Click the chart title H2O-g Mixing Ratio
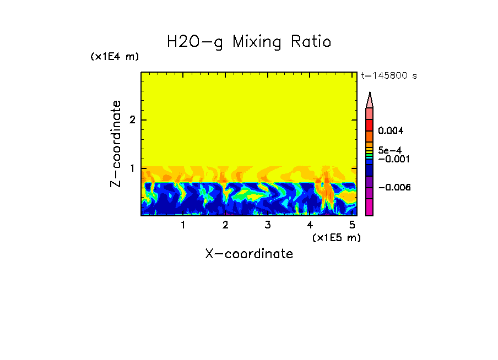point(249,42)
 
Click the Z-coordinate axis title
point(116,144)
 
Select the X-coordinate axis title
point(249,254)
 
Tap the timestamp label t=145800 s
point(388,76)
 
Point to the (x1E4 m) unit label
point(115,57)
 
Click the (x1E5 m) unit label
point(336,237)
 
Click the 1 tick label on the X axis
point(183,225)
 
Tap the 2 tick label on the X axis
point(225,225)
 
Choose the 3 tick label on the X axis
point(267,225)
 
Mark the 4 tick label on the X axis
point(310,225)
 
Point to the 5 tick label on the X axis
point(351,225)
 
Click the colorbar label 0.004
point(391,131)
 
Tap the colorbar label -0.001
point(391,159)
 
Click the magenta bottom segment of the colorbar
point(370,207)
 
